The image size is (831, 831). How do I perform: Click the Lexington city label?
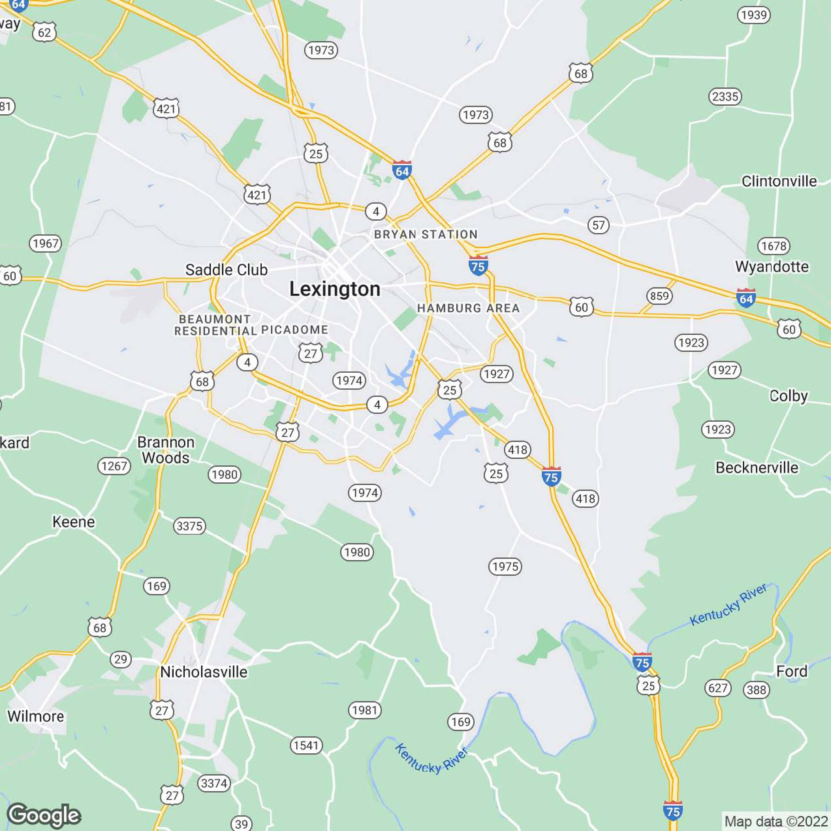(x=334, y=289)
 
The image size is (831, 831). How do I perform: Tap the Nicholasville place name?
(x=204, y=672)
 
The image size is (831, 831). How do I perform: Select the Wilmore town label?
(x=36, y=716)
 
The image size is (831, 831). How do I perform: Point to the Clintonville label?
(x=779, y=181)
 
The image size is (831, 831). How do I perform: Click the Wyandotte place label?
(x=772, y=267)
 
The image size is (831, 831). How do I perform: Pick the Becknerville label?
(x=757, y=467)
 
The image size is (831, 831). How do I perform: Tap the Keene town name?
(x=74, y=522)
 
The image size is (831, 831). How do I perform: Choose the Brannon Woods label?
(x=166, y=450)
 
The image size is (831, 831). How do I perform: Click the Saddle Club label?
(x=226, y=270)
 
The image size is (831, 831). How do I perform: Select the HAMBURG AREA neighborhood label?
(x=468, y=308)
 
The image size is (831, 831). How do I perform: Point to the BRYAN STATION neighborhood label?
(x=426, y=234)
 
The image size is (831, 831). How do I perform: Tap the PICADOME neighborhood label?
(x=295, y=330)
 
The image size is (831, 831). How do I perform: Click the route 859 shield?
(x=659, y=296)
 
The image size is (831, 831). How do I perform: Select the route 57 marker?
(x=598, y=225)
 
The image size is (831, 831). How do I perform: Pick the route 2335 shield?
(x=725, y=96)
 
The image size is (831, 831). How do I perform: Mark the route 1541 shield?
(x=306, y=745)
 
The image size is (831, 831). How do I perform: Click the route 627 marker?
(x=718, y=688)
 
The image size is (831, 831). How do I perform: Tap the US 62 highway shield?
(x=44, y=33)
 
